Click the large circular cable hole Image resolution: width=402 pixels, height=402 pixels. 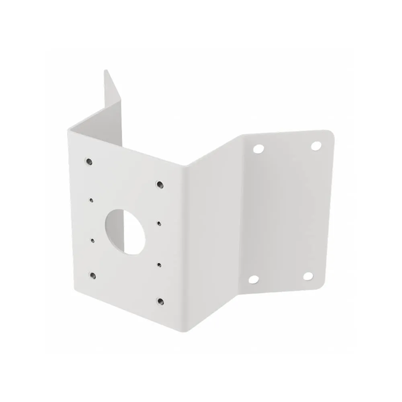pos(125,231)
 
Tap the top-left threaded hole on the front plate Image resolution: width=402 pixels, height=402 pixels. pos(88,162)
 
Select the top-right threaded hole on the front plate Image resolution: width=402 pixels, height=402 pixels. pos(159,185)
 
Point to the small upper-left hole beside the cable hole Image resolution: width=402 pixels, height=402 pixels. pos(92,199)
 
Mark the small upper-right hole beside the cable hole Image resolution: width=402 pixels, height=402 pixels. pos(159,223)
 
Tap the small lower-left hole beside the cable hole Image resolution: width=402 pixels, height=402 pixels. pos(92,240)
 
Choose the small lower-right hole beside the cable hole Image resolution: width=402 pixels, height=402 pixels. pos(159,264)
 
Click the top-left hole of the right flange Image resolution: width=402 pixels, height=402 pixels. pos(258,149)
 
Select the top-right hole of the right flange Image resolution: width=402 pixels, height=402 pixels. pos(316,146)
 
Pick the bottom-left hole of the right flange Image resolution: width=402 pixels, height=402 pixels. pos(253,279)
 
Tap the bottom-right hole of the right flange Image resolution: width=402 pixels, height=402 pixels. pos(308,276)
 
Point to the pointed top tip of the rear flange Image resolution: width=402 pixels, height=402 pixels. pos(106,71)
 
